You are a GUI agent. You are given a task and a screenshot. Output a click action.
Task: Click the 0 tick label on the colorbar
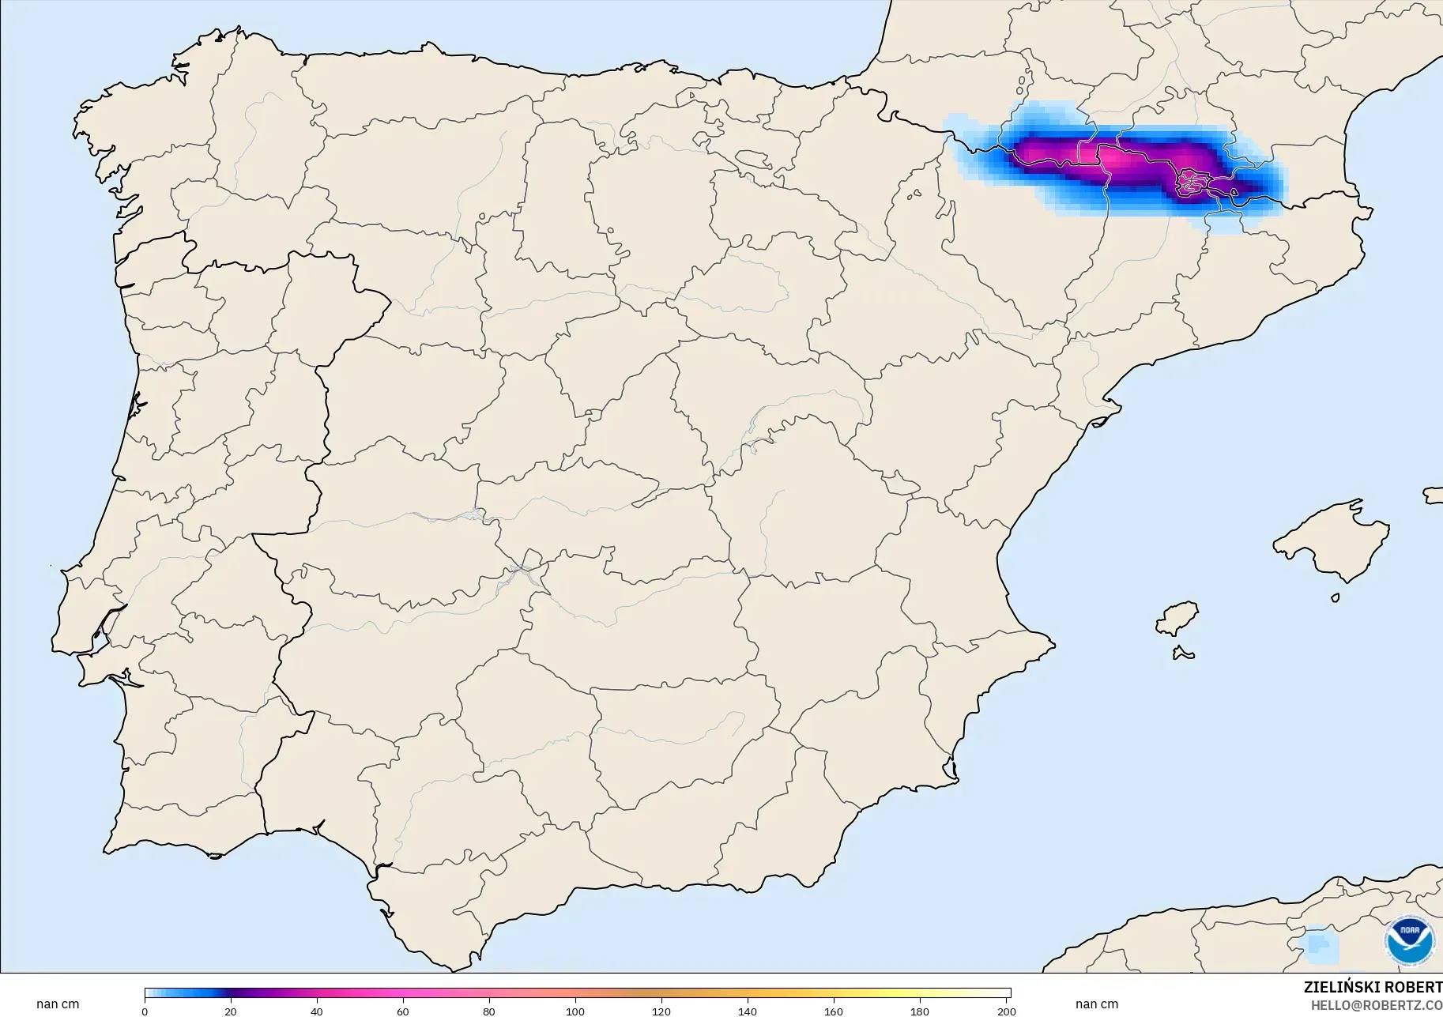tap(145, 1011)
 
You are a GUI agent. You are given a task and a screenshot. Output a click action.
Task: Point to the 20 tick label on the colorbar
tap(231, 1011)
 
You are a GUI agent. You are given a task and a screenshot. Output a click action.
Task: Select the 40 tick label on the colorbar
tap(317, 1011)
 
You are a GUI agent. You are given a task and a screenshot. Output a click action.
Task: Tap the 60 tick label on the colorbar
tap(403, 1011)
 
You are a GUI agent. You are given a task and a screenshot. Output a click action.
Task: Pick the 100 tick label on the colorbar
tap(575, 1011)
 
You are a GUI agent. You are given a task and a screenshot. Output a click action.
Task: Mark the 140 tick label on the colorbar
tap(748, 1011)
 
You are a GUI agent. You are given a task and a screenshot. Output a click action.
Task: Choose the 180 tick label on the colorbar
tap(920, 1011)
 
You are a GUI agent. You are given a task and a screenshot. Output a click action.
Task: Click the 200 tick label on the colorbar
tap(1006, 1011)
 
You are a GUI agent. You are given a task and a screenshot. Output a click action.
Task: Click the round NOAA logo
tap(1409, 940)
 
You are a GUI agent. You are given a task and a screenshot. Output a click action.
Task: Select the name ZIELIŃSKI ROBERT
tap(1373, 988)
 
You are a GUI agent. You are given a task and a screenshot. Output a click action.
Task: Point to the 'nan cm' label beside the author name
tap(1097, 1004)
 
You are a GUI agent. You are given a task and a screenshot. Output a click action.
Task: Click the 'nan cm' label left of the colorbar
tap(58, 1004)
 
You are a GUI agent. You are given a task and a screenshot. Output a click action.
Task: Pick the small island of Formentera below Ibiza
tap(1182, 654)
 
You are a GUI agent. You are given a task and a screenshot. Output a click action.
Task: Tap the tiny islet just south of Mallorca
tap(1336, 598)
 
